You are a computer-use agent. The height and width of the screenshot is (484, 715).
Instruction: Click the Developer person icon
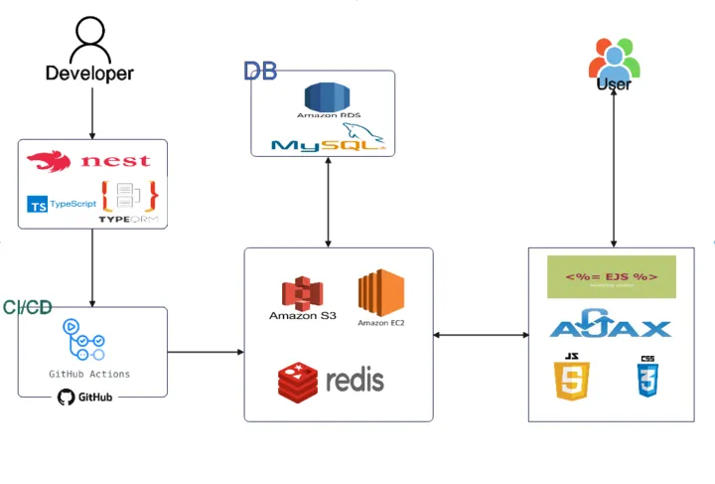click(x=89, y=40)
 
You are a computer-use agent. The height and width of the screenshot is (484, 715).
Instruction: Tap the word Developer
click(x=89, y=74)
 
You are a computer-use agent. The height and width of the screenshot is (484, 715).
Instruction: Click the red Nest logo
click(x=89, y=160)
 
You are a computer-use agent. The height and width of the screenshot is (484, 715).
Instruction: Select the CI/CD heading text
click(x=27, y=308)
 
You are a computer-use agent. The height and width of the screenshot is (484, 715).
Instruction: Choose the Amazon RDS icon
click(x=327, y=100)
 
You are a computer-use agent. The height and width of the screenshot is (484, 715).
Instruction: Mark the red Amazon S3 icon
click(x=302, y=296)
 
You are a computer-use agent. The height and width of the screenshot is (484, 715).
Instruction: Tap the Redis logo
click(x=331, y=379)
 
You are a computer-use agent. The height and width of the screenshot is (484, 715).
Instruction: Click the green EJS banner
click(x=611, y=276)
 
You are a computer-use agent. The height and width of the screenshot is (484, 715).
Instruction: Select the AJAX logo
click(x=611, y=326)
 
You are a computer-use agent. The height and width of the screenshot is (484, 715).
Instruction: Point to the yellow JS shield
click(x=573, y=377)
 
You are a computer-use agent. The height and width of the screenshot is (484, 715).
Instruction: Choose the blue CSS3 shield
click(x=646, y=377)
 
